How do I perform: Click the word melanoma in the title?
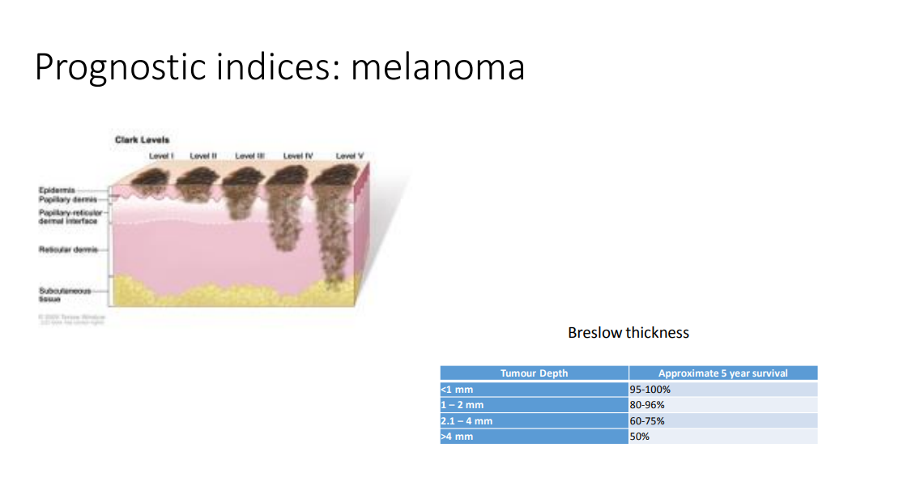tap(437, 67)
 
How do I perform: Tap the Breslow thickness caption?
tap(628, 333)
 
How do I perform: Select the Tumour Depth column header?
tap(534, 373)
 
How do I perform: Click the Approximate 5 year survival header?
tap(722, 373)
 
